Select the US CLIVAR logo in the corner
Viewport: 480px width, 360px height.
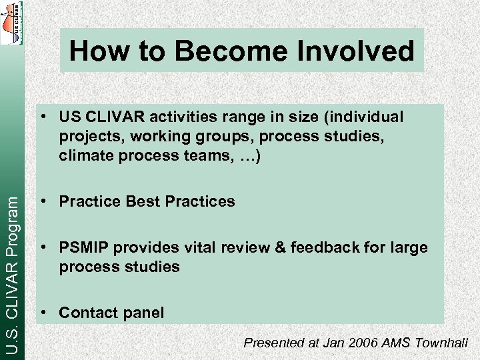11,23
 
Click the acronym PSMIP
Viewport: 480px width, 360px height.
84,248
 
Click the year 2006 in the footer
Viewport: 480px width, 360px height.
366,343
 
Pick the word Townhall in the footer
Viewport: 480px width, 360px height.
441,343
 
